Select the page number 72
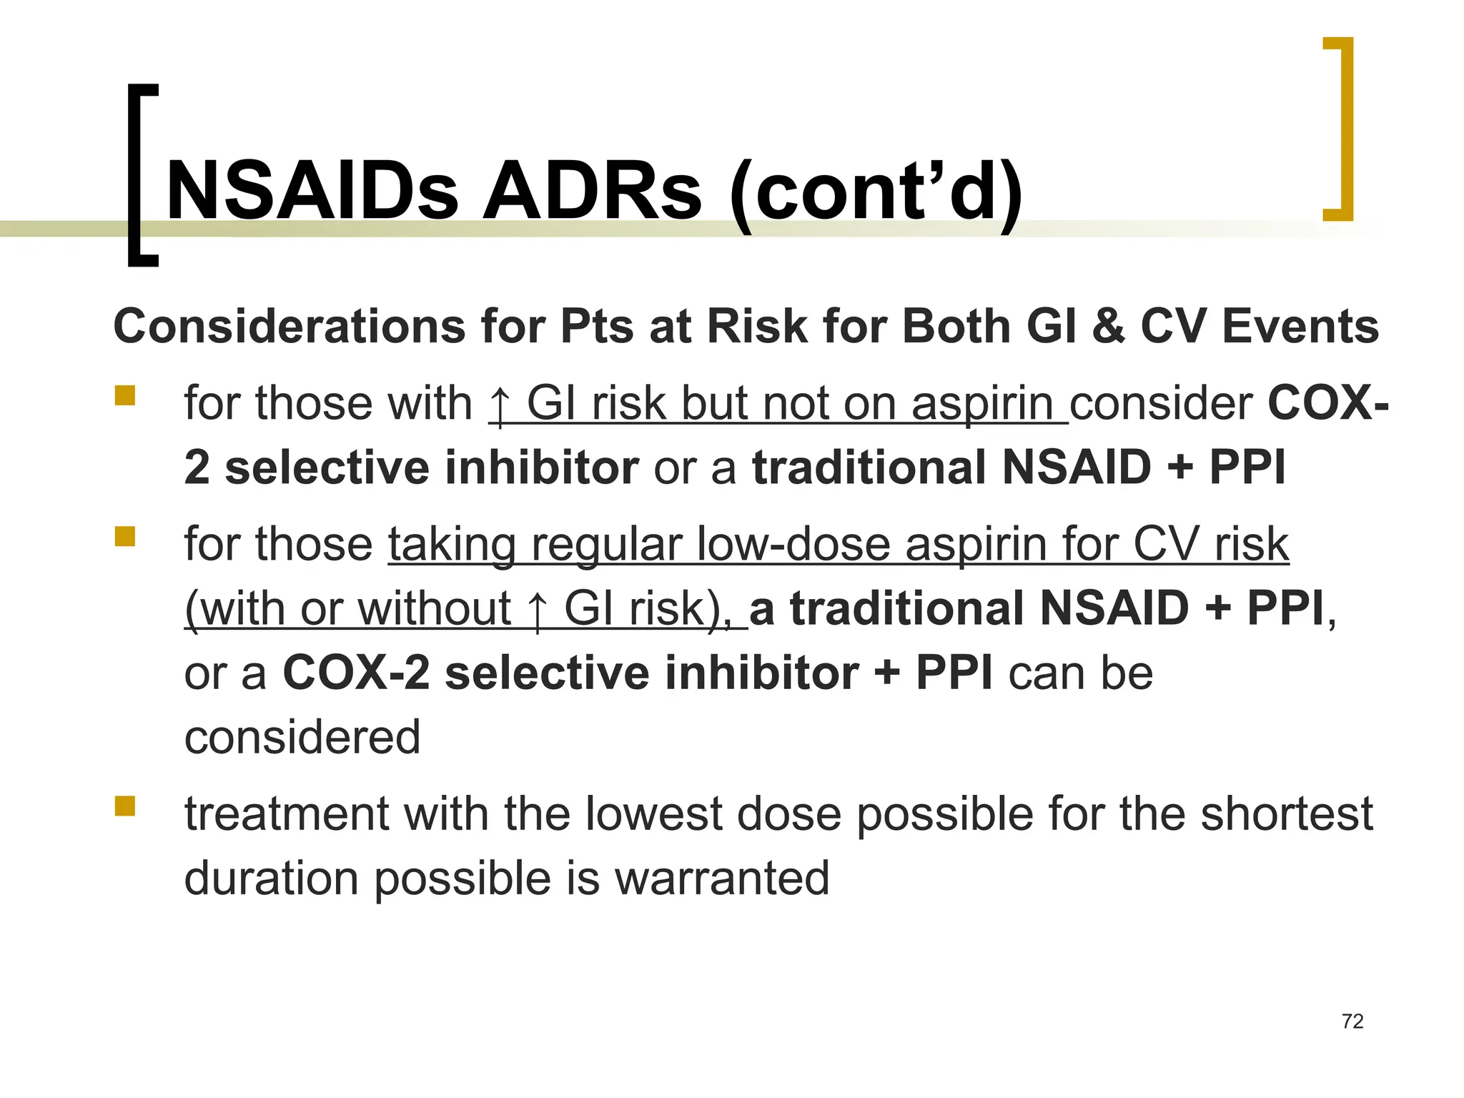point(1352,1022)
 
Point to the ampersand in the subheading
point(1108,327)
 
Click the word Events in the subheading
point(1300,327)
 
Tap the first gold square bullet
point(125,395)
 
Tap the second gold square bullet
point(125,536)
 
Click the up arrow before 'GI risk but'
point(500,405)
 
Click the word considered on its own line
point(302,738)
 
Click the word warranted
point(722,879)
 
